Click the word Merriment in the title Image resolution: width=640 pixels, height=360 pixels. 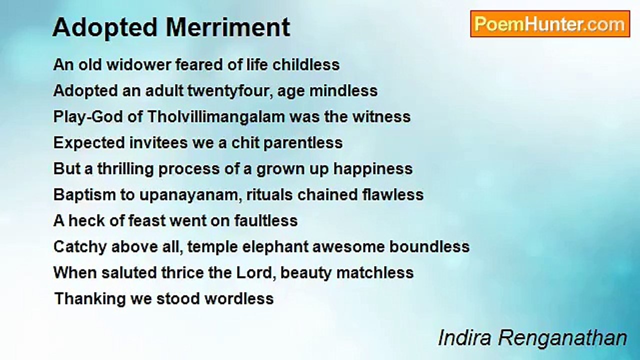click(x=228, y=27)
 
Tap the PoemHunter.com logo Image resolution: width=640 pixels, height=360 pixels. click(x=550, y=24)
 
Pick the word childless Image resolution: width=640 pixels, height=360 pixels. click(x=306, y=64)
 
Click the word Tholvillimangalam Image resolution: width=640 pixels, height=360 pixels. click(x=216, y=117)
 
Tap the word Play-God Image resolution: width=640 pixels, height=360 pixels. click(x=88, y=117)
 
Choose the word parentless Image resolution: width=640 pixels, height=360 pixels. click(x=303, y=143)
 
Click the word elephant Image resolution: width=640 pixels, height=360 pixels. click(x=275, y=247)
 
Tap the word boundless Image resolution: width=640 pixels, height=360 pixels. click(x=429, y=246)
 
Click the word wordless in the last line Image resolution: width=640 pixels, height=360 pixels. click(x=239, y=298)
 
